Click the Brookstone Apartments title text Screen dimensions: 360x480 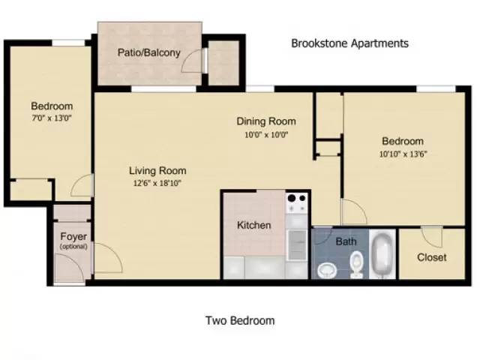tap(349, 43)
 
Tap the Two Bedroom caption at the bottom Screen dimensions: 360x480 tap(240, 321)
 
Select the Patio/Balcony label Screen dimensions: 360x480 tap(148, 52)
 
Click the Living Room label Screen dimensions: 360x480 tap(157, 170)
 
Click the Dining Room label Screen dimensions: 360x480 tap(266, 121)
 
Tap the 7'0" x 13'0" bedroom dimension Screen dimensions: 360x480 tap(51, 118)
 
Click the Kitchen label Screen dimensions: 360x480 tap(254, 225)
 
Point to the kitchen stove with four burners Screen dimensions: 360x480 tap(297, 202)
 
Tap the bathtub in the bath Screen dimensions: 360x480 tap(383, 255)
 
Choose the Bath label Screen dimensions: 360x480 tap(346, 241)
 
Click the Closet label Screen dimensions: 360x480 tap(431, 257)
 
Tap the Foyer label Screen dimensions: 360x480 tap(73, 237)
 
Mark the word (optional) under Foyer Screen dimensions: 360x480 tap(73, 247)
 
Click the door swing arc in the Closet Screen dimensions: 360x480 tap(432, 238)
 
